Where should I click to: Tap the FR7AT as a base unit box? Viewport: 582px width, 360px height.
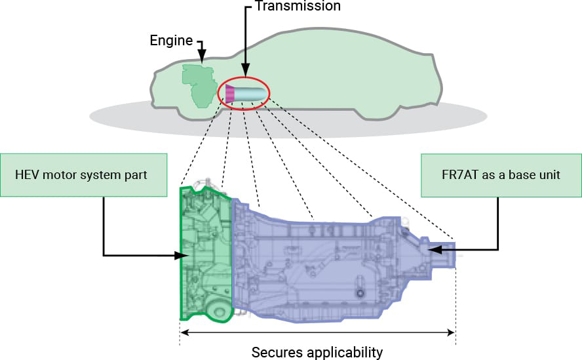tap(501, 174)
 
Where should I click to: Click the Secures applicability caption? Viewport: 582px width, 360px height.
tap(317, 352)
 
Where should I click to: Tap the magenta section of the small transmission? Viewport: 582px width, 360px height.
tap(230, 94)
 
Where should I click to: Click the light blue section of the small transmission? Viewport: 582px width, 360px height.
tap(250, 94)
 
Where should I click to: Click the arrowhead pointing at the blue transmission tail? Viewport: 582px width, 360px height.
tap(433, 249)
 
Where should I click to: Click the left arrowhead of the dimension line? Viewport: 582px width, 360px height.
tap(184, 332)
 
